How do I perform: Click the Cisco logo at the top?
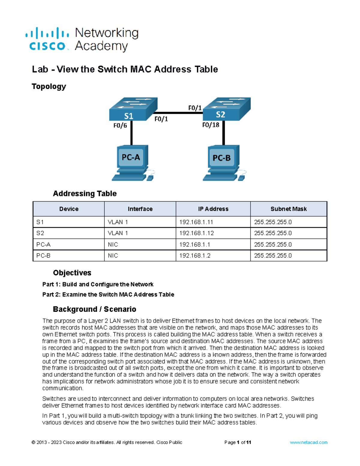coord(47,39)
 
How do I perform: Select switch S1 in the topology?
coord(133,109)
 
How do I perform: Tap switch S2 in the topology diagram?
coord(226,109)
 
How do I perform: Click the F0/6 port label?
coord(120,125)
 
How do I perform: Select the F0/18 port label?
coord(211,125)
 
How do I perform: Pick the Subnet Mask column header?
coord(288,209)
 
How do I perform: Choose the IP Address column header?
coord(213,209)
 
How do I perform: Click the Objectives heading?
coord(72,273)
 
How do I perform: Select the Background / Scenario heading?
coord(94,309)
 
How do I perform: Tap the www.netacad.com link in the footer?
coord(308,442)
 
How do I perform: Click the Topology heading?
coord(49,86)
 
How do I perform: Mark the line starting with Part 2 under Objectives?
coord(108,294)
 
